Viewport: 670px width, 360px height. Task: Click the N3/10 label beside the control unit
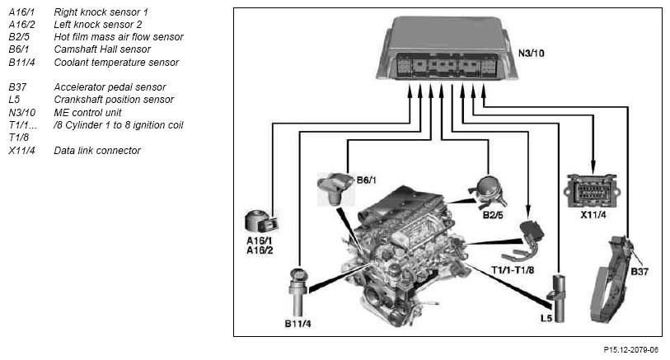pos(531,54)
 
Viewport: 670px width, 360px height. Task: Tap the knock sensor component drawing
pos(261,222)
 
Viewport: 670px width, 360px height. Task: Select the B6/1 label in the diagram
pos(367,180)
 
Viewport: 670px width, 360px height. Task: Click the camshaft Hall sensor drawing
pos(335,189)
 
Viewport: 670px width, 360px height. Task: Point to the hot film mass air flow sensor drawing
pos(488,191)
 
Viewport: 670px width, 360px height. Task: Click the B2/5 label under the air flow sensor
pos(493,215)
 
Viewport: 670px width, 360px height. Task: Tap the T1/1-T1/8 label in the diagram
pos(513,270)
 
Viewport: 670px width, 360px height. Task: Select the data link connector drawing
pos(593,191)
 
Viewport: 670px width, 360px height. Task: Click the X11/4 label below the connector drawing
pos(593,215)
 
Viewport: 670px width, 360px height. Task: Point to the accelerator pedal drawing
pos(611,279)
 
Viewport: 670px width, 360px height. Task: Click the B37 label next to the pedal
pos(640,271)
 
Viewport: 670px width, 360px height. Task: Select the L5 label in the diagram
pos(546,318)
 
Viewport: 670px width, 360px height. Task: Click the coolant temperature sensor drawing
pos(298,292)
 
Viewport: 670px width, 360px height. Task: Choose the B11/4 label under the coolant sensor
pos(298,324)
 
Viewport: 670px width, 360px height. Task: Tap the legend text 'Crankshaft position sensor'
pos(114,100)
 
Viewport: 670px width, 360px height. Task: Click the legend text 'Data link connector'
pos(97,150)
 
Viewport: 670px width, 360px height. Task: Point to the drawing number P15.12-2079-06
pos(630,350)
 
